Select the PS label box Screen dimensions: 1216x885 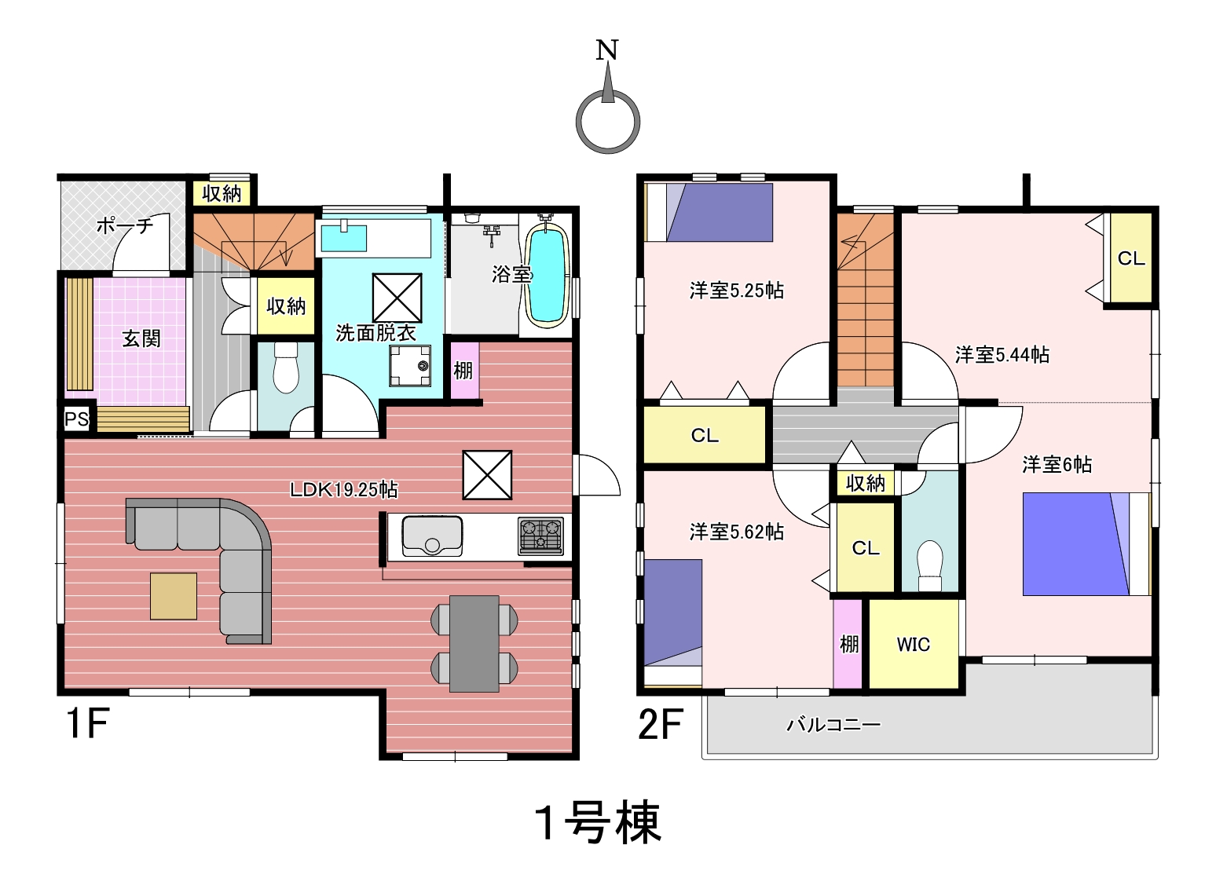tap(77, 419)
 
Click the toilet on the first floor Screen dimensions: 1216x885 tap(286, 367)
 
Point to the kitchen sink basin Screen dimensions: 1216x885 tap(432, 536)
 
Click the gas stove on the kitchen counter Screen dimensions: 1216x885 tap(540, 536)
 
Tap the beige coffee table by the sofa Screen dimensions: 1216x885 tap(174, 596)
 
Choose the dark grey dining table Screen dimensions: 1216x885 tap(474, 644)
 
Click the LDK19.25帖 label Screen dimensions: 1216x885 tap(343, 490)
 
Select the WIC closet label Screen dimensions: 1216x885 tap(914, 645)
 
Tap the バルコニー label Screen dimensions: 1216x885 tap(833, 724)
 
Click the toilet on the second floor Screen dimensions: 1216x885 tap(930, 565)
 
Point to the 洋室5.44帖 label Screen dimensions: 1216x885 tap(1002, 355)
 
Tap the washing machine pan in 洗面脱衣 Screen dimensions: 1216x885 tap(410, 366)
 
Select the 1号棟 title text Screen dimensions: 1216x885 tap(599, 822)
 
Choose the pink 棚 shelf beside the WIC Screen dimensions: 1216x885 tap(848, 645)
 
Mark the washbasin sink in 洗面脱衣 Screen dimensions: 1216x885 tap(343, 238)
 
